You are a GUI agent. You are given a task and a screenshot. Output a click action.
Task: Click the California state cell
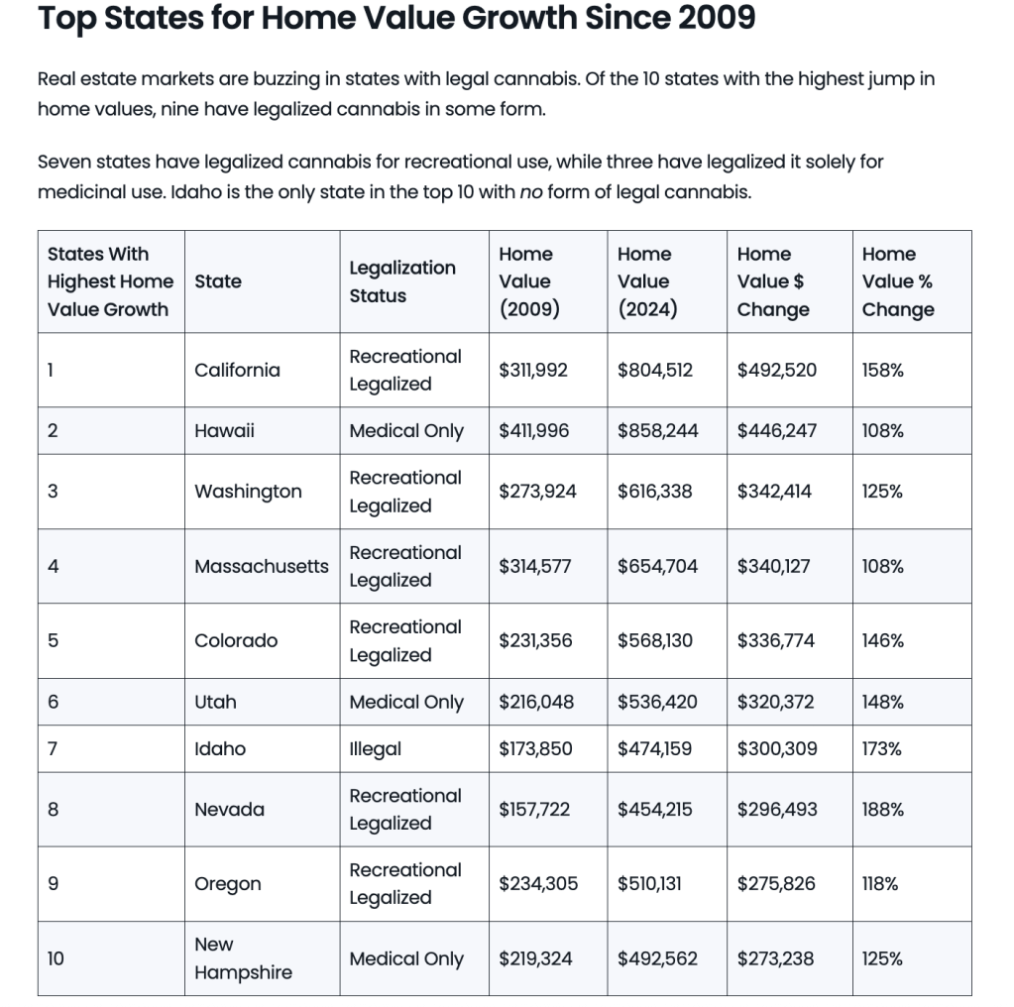click(237, 370)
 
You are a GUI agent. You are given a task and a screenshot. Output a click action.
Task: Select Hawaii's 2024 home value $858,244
click(657, 430)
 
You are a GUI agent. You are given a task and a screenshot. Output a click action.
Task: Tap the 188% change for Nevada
click(882, 809)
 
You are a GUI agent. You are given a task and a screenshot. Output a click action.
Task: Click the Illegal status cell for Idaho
click(375, 748)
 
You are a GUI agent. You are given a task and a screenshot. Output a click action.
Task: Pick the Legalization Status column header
click(402, 281)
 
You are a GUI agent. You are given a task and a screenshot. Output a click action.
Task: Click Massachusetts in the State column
click(261, 566)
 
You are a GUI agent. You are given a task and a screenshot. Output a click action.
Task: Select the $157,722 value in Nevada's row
click(534, 809)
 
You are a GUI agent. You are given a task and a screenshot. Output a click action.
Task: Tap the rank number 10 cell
click(56, 958)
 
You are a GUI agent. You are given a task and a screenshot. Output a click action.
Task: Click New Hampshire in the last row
click(243, 958)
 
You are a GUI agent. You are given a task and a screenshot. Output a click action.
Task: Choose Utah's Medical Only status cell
click(406, 702)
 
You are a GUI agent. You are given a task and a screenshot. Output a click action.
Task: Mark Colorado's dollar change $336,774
click(775, 640)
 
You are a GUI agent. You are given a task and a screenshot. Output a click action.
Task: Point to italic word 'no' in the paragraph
click(529, 191)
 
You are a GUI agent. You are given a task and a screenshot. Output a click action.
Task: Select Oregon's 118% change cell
click(880, 883)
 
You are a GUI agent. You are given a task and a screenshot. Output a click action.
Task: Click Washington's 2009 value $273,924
click(537, 491)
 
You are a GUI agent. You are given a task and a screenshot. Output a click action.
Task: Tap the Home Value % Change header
click(897, 281)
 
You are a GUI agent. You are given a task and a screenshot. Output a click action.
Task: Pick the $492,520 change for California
click(776, 370)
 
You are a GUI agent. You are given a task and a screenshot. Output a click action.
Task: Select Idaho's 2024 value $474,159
click(655, 748)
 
